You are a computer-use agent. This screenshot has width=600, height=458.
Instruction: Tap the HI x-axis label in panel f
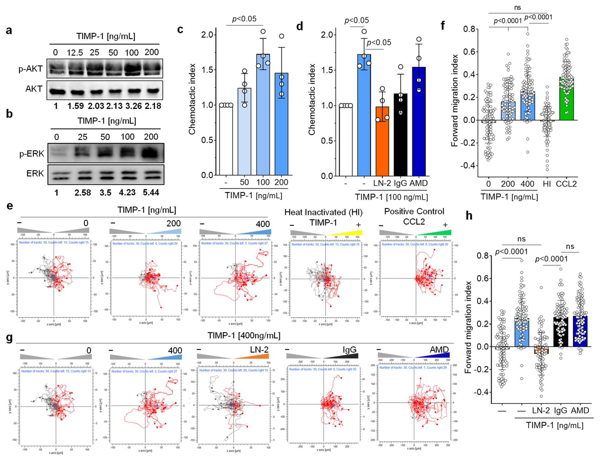pos(547,184)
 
